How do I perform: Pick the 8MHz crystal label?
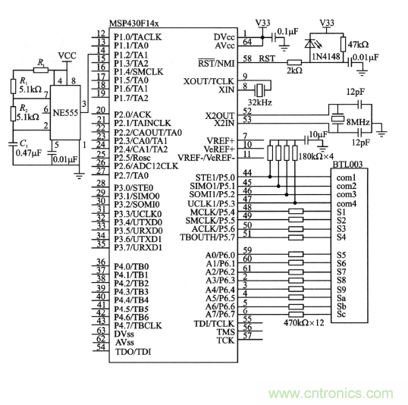[358, 121]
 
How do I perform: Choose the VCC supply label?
[67, 56]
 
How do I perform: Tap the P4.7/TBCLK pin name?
[138, 325]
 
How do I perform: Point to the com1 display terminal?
[347, 177]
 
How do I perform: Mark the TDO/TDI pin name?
[133, 351]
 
